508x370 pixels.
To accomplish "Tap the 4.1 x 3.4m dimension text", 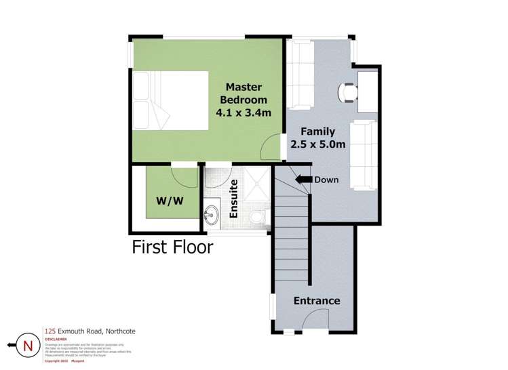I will pos(243,112).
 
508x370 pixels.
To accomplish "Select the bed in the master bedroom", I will pos(171,100).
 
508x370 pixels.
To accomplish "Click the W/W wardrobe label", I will pos(170,201).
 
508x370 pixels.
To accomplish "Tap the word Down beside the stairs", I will pos(327,180).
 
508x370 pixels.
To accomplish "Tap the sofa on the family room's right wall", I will pos(363,154).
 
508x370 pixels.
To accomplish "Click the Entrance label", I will pos(316,301).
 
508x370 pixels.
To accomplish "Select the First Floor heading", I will pos(172,247).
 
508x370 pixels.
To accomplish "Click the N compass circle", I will pos(28,346).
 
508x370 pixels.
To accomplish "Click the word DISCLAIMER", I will pos(56,340).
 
